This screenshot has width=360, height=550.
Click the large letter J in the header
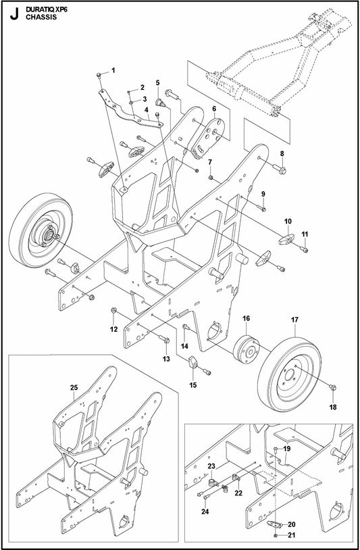tap(11, 14)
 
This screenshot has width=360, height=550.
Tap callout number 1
tap(113, 70)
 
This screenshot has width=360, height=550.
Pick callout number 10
tap(288, 220)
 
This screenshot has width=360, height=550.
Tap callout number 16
tap(247, 318)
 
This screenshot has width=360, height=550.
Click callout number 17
tap(294, 319)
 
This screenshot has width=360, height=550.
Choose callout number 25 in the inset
tap(74, 387)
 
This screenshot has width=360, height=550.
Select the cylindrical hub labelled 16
tap(247, 348)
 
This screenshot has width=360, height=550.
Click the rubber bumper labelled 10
tap(287, 238)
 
